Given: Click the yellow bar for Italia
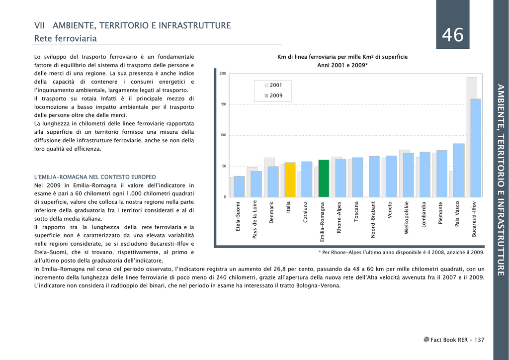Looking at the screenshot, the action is click(290, 180).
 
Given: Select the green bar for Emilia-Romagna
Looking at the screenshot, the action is click(324, 179).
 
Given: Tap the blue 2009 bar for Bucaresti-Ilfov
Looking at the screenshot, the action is click(476, 148).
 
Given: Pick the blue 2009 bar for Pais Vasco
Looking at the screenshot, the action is click(459, 171).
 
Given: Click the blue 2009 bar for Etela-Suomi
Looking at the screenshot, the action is click(239, 186).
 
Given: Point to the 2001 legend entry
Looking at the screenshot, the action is click(273, 86).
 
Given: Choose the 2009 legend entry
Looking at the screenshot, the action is click(273, 96).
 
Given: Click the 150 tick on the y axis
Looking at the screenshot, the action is click(224, 104).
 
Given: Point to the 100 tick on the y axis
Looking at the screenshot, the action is click(224, 135).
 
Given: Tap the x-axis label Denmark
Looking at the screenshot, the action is click(272, 212).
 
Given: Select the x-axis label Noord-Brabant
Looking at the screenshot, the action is click(373, 219).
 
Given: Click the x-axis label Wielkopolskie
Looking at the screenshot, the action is click(407, 218).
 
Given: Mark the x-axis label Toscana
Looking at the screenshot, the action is click(356, 212).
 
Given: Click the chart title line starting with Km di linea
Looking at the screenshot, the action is click(342, 57).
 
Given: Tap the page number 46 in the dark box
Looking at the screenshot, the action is click(453, 35).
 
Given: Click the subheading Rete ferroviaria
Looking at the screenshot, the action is click(66, 39).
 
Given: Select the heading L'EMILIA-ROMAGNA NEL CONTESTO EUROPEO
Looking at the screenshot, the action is click(95, 177).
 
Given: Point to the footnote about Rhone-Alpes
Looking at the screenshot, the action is click(401, 253).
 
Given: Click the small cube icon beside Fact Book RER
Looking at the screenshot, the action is click(426, 340).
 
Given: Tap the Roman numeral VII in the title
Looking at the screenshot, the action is click(39, 26).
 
